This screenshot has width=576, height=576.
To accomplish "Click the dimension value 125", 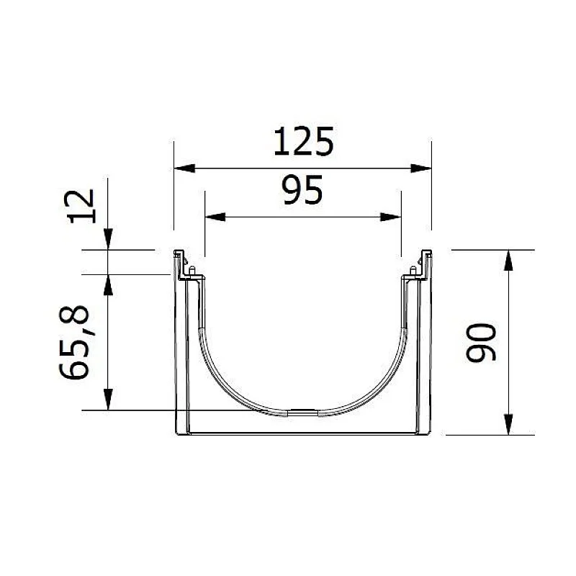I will coord(303,142).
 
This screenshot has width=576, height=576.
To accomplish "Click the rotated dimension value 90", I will coord(481,343).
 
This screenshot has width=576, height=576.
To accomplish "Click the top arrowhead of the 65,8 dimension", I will coord(107,284).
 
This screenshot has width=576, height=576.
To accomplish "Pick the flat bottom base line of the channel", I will coord(302,434).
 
